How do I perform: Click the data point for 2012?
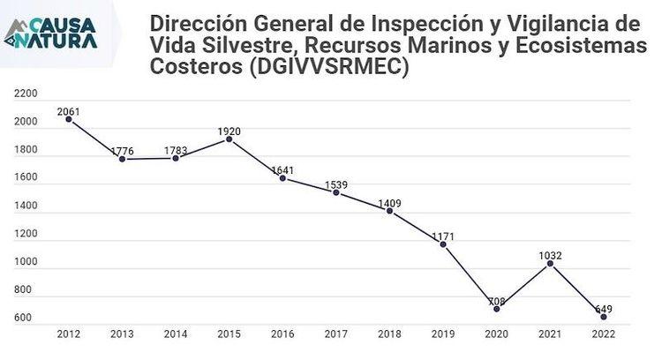point(69,119)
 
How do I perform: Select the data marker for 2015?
point(229,139)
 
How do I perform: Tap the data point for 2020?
point(496,309)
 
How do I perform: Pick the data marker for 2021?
point(550,264)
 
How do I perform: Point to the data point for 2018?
point(389,211)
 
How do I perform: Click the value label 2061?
point(69,111)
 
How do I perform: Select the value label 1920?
point(229,131)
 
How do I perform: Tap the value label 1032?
point(550,256)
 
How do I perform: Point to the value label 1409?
point(389,203)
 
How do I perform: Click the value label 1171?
point(443,236)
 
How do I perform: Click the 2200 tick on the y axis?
point(26,94)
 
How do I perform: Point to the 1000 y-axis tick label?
point(26,262)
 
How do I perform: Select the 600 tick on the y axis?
point(23,319)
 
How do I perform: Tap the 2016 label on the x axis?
point(282,334)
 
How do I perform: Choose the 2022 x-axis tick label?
point(604,334)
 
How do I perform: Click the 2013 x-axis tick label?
point(122,334)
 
